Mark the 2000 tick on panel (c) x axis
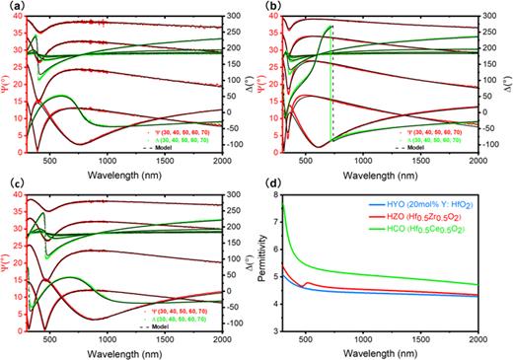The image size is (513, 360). coord(221,337)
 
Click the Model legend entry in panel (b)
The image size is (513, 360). coord(444,145)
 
